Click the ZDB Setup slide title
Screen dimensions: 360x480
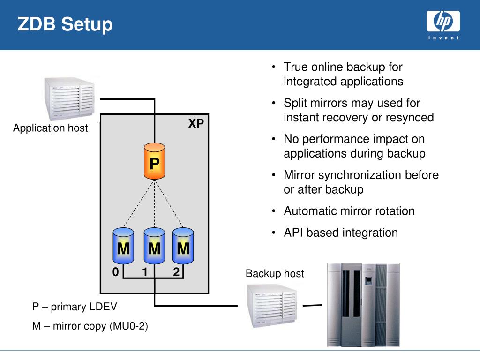click(x=65, y=24)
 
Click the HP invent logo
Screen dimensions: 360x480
click(x=442, y=26)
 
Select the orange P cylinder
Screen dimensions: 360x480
click(x=154, y=162)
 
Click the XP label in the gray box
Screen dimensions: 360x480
click(x=196, y=124)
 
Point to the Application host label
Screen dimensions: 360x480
click(x=50, y=128)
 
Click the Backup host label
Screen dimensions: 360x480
click(x=275, y=273)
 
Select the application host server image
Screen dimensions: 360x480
click(x=69, y=97)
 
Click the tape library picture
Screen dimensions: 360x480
click(x=363, y=305)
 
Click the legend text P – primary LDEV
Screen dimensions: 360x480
click(x=75, y=307)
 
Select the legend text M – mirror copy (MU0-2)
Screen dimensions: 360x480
click(x=90, y=326)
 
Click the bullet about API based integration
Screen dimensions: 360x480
click(x=341, y=232)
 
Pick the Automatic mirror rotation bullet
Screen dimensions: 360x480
click(x=349, y=211)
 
